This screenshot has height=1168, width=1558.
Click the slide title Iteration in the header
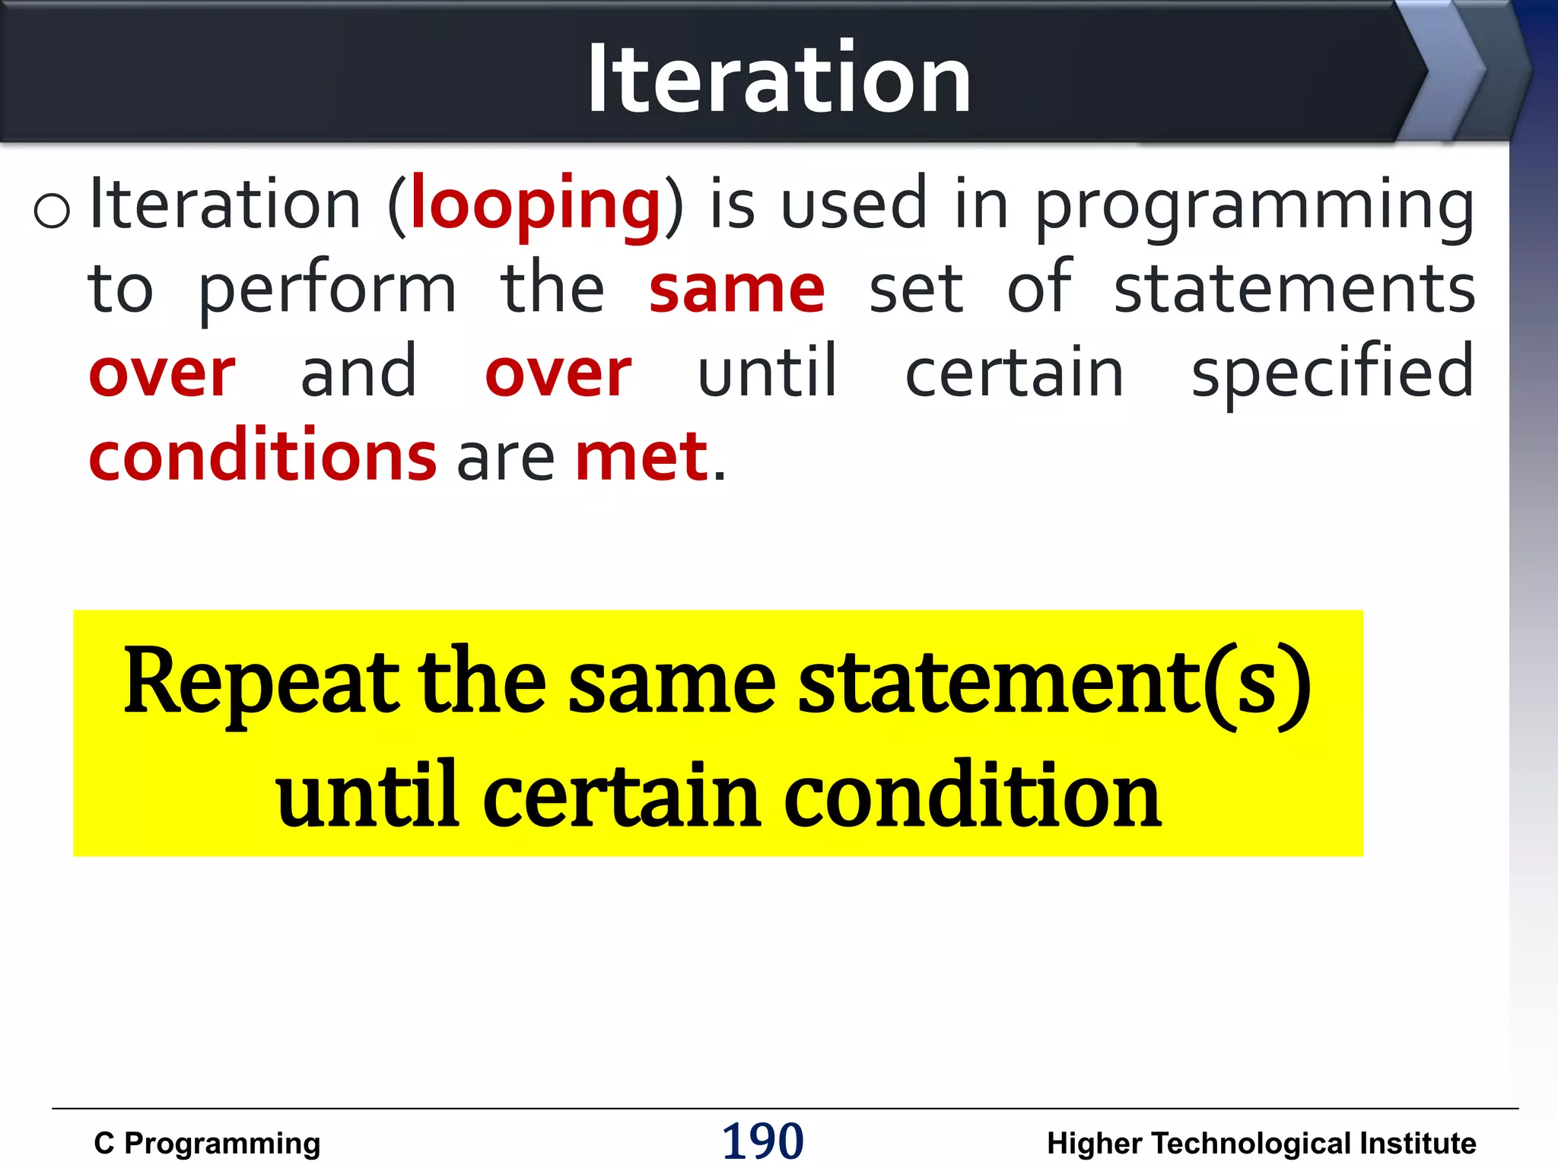point(779,78)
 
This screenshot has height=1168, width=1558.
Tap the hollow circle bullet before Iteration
point(52,210)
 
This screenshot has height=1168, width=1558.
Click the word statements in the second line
point(1294,289)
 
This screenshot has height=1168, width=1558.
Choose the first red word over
point(162,374)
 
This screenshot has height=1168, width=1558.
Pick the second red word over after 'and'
point(558,374)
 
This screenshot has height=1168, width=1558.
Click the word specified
point(1332,373)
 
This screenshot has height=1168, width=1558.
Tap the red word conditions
point(262,456)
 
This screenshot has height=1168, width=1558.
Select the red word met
point(641,456)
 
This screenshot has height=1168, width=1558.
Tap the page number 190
point(762,1141)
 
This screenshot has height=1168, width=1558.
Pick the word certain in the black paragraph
point(1014,373)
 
